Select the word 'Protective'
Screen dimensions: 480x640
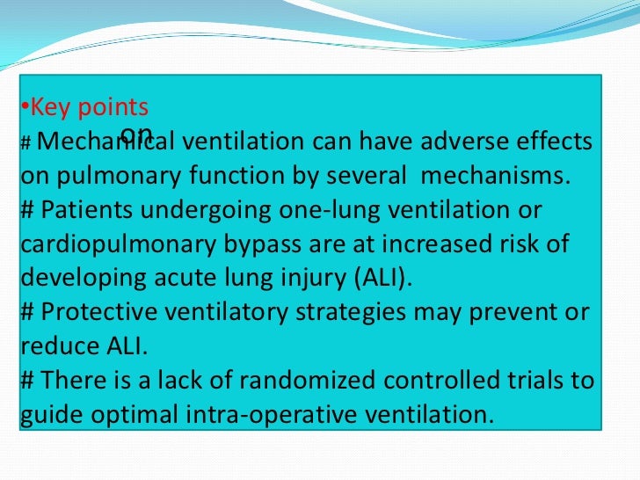point(96,312)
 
